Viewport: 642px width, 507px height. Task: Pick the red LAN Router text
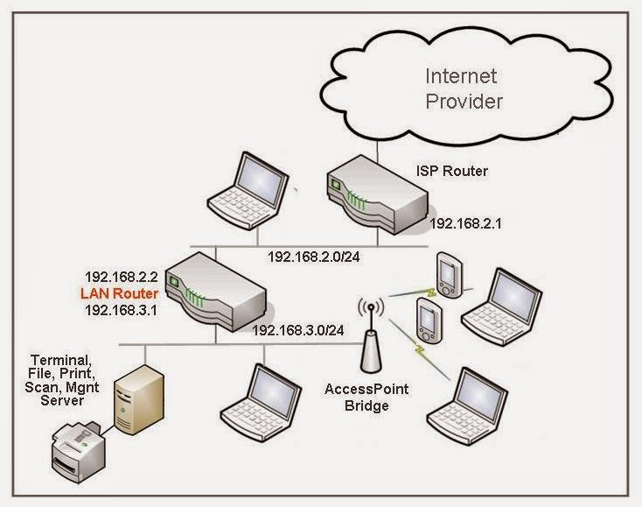click(x=120, y=292)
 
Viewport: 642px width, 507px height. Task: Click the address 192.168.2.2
click(x=120, y=276)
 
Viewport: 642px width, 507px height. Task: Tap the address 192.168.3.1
click(x=120, y=308)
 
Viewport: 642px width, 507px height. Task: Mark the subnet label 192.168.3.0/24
click(x=297, y=331)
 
